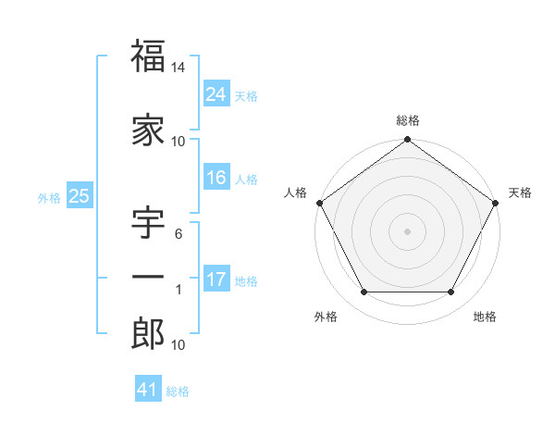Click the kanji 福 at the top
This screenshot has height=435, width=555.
[x=147, y=56]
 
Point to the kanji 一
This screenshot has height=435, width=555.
[x=147, y=279]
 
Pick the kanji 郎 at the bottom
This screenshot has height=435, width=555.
[x=147, y=335]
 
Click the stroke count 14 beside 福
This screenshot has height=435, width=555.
[x=179, y=67]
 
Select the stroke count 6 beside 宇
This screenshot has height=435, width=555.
[x=179, y=234]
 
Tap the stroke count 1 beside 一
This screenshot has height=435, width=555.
[x=179, y=290]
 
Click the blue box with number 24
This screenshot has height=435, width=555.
[x=216, y=93]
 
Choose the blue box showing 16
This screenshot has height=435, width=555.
[x=216, y=178]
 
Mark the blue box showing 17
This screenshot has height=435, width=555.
[x=216, y=280]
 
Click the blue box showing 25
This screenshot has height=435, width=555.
[x=79, y=196]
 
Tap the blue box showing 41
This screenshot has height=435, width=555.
[x=148, y=390]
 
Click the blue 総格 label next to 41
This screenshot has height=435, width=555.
[x=178, y=391]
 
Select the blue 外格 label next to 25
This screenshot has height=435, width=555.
[x=48, y=197]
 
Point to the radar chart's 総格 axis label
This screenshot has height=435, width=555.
[x=408, y=120]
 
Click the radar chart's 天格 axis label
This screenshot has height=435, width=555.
[x=520, y=193]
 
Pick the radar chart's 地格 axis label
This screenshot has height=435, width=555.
[x=485, y=317]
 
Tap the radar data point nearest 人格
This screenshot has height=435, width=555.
[x=319, y=203]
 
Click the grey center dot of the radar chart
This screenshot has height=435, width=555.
[x=408, y=230]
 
